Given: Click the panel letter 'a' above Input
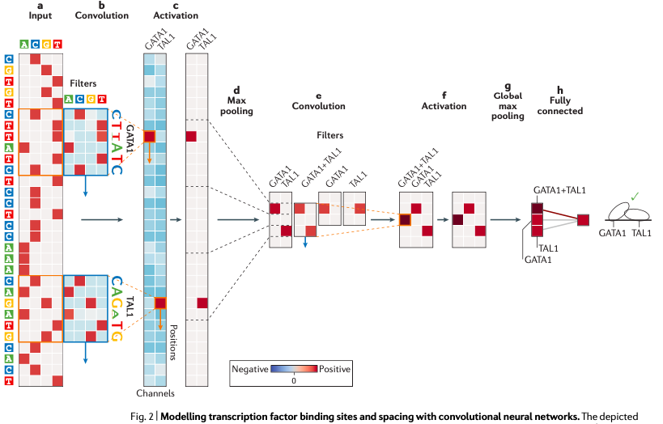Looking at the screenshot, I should click(40, 6).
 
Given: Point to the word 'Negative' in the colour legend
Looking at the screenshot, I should click(251, 368).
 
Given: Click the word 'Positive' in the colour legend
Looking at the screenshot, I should click(334, 368).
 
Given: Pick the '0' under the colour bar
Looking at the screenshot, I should click(294, 379).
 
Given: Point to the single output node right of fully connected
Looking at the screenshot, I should click(583, 219).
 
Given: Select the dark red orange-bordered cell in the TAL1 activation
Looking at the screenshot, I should click(160, 303).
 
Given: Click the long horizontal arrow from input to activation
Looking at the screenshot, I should click(100, 218).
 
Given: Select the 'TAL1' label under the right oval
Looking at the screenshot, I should click(642, 232).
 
